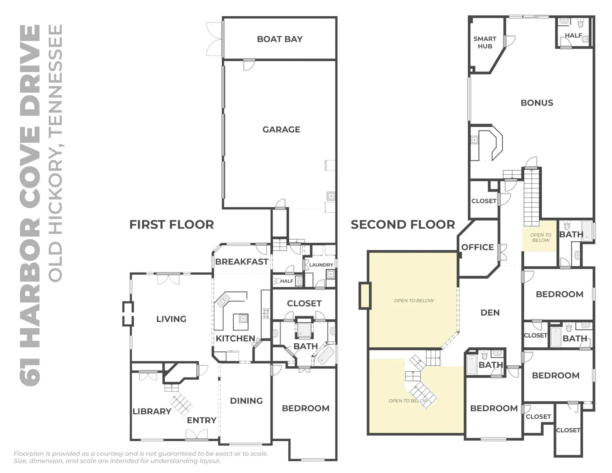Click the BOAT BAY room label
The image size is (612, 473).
pos(280,39)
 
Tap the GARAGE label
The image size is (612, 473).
pos(281,129)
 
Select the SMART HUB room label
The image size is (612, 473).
pos(485,42)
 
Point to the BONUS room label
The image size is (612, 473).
pos(537,103)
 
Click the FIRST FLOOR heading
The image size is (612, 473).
pos(172,224)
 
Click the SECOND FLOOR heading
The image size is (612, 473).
pos(403,224)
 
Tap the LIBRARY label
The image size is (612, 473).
pos(152,411)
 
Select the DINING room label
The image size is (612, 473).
pos(246,401)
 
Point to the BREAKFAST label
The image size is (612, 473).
pos(241,262)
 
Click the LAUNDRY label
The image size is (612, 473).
pos(321,265)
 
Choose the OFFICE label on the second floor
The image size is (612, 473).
pos(478,247)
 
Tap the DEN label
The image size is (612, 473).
pos(490,313)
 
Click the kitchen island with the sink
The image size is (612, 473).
pos(241,322)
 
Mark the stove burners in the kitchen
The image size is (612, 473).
pos(266,313)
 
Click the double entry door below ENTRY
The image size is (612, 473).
pos(197,434)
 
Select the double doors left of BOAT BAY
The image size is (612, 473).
pos(214,39)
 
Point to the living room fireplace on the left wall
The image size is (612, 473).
pos(128,314)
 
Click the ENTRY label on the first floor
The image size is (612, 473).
pos(202,420)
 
